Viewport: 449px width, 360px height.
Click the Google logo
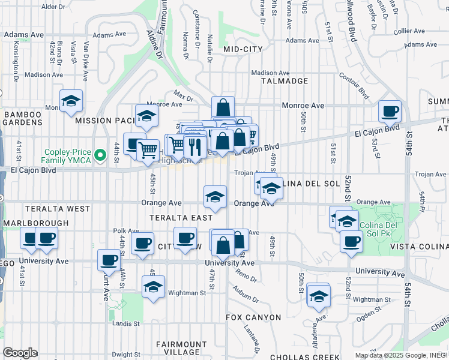(x=20, y=353)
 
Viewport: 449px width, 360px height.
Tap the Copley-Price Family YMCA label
(x=75, y=156)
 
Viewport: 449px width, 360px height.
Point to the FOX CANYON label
(x=253, y=317)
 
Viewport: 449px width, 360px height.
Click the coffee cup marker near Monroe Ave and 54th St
(x=390, y=111)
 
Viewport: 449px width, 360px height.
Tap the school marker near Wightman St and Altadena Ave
(x=319, y=295)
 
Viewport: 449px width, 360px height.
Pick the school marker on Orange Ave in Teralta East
(x=215, y=196)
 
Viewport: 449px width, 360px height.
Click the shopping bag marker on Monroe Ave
(x=223, y=108)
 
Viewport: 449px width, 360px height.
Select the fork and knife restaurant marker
(x=194, y=145)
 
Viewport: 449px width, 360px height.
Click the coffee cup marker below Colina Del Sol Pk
(x=351, y=241)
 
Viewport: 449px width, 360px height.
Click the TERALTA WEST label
(x=58, y=209)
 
